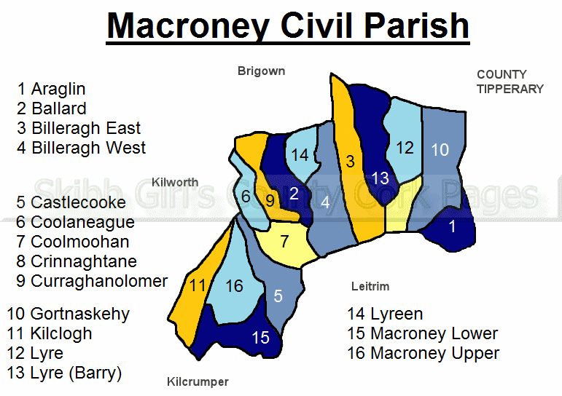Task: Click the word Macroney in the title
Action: [x=188, y=26]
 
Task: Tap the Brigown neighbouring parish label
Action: [x=261, y=71]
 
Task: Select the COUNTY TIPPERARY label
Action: [x=510, y=82]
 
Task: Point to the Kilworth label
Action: [x=175, y=182]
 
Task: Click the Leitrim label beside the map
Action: [x=370, y=286]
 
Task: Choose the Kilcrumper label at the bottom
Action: [x=198, y=382]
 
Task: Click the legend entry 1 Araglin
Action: [x=51, y=89]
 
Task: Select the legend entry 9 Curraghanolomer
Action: [x=92, y=281]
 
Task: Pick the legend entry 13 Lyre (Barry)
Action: [x=64, y=373]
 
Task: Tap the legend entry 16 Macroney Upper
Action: [x=423, y=353]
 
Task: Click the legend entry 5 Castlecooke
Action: [x=71, y=202]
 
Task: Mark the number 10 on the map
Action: [x=440, y=150]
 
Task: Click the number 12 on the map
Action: [x=405, y=148]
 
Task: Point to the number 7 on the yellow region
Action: [x=284, y=242]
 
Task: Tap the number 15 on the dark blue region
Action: [x=260, y=338]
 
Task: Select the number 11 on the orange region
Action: [x=197, y=285]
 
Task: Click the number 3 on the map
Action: [x=350, y=162]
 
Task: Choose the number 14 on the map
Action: [x=300, y=155]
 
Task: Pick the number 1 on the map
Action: [x=453, y=226]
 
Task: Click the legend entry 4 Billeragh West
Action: [x=82, y=148]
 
